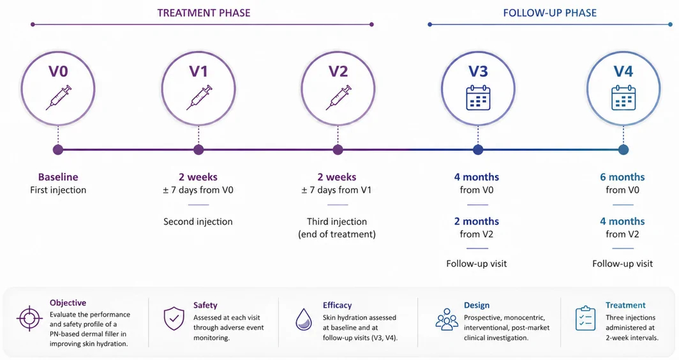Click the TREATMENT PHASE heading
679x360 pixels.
204,13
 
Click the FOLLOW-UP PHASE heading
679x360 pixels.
549,13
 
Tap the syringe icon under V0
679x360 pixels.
59,98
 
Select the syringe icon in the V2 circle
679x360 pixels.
339,98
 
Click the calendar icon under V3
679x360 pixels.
478,98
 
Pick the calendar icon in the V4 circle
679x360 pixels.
623,98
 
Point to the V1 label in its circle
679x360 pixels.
198,71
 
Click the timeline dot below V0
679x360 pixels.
58,150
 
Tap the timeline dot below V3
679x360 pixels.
478,150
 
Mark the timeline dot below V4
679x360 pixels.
623,150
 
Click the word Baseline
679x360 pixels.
58,177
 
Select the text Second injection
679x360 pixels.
198,221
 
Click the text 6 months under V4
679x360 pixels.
622,177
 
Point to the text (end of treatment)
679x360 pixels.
337,234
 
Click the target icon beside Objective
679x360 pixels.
29,319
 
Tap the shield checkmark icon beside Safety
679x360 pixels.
174,319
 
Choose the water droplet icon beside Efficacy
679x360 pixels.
304,320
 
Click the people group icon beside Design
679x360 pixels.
447,319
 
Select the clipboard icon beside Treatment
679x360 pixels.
585,319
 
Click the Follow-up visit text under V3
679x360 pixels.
476,264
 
